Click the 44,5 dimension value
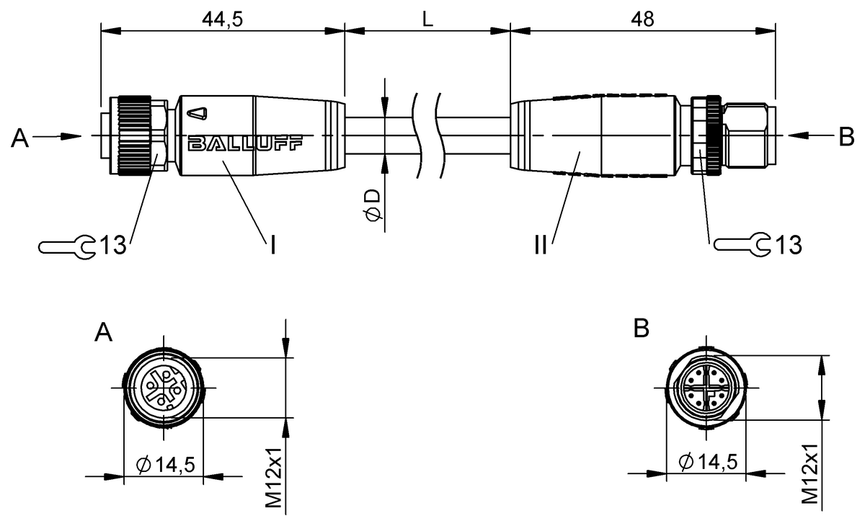[223, 19]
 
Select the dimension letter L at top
[427, 19]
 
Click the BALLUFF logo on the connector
[245, 144]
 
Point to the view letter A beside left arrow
[19, 138]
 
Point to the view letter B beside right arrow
[847, 135]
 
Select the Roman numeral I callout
[272, 246]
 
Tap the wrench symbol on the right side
[742, 245]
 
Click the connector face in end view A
[164, 388]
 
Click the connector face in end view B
[706, 388]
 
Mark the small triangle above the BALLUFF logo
[195, 113]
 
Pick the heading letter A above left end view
[105, 332]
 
